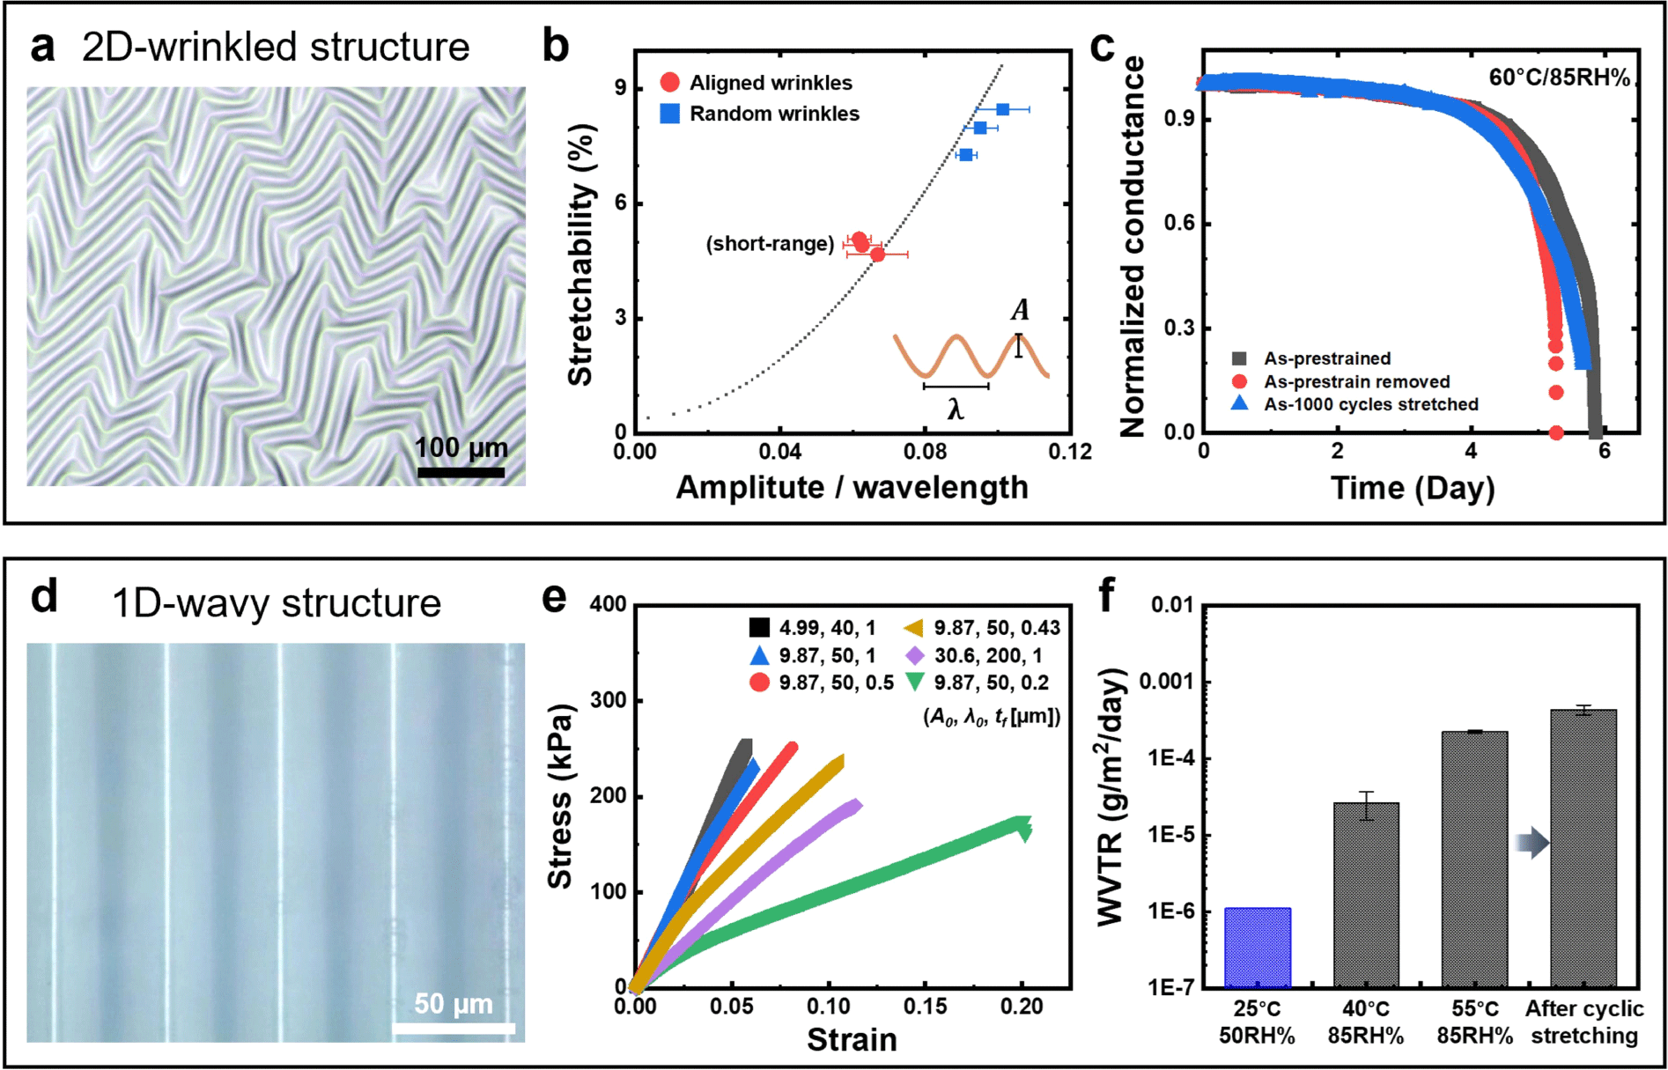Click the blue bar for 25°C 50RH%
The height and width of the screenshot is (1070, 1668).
(x=1258, y=947)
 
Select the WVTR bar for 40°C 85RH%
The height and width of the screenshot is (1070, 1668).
(x=1366, y=894)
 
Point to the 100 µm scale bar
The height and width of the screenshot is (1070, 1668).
(x=461, y=473)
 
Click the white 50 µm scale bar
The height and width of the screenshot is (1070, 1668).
(x=454, y=1029)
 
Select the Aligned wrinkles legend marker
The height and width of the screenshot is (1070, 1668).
(x=670, y=83)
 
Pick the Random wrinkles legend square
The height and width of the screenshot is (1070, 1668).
(x=670, y=114)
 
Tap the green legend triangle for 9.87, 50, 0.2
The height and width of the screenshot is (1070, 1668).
(x=915, y=682)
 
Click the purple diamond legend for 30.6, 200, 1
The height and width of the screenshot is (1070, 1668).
(x=915, y=655)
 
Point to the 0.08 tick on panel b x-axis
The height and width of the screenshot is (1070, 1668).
(x=925, y=452)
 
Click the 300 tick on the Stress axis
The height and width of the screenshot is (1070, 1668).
(x=608, y=700)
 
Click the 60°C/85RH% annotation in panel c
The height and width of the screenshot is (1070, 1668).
(x=1559, y=77)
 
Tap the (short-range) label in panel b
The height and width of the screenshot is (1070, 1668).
(x=770, y=244)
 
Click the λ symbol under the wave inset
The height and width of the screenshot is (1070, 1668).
(x=956, y=410)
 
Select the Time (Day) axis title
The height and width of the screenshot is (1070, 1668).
(x=1413, y=488)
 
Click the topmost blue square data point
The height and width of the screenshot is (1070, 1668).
(x=1002, y=109)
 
